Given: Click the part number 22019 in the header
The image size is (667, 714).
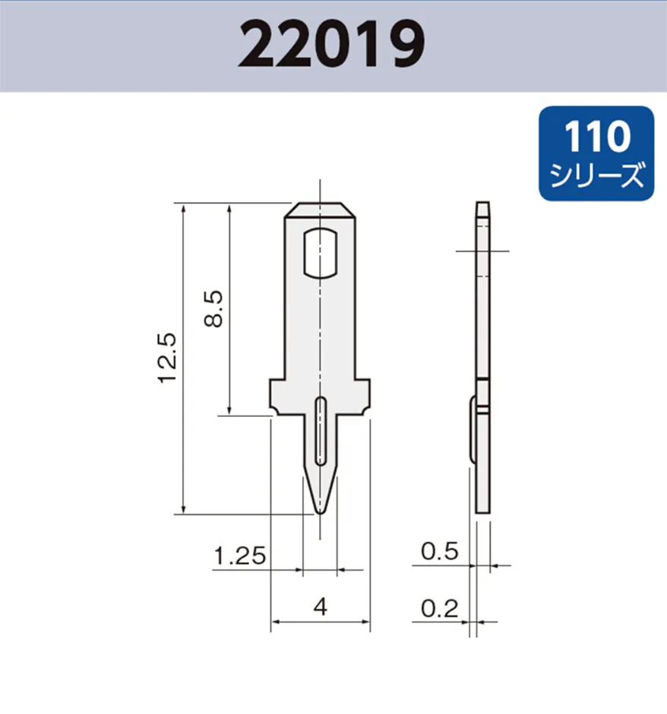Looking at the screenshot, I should (331, 46).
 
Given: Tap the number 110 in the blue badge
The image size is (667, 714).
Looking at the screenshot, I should (597, 137).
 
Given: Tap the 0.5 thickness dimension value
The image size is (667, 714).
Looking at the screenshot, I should (441, 551).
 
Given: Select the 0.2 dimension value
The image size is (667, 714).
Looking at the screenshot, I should (441, 608).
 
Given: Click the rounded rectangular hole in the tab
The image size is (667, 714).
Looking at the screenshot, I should (321, 253).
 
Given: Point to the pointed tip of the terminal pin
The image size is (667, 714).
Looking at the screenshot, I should (321, 510).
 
